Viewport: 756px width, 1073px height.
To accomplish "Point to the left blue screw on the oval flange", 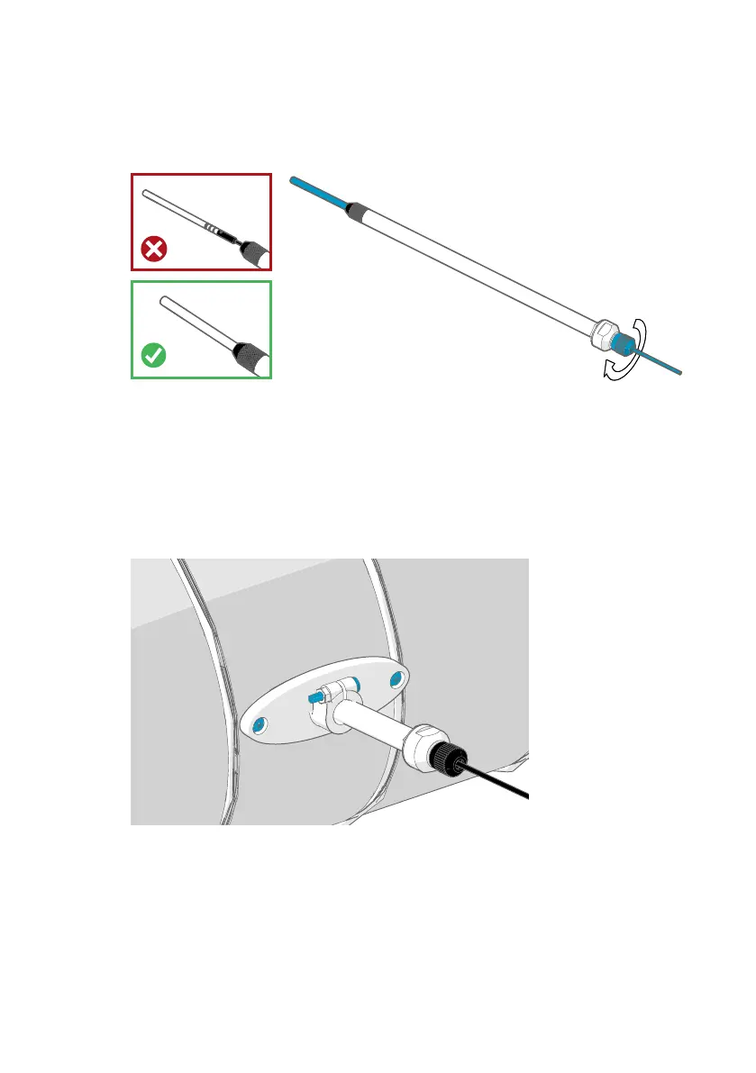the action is tap(260, 724).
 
